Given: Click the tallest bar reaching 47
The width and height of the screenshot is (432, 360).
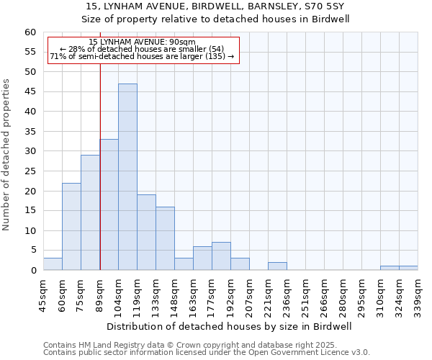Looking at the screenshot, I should click(127, 177).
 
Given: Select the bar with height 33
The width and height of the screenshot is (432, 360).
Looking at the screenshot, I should click(109, 204).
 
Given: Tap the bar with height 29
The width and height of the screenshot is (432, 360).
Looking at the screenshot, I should click(90, 212).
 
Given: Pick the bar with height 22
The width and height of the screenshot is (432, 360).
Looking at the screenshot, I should click(71, 226).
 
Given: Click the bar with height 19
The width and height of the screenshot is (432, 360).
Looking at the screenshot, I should click(146, 233).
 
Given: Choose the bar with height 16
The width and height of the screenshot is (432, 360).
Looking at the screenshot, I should click(165, 238).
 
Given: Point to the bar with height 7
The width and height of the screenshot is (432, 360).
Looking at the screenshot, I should click(221, 256).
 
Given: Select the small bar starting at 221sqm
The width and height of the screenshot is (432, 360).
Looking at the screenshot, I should click(277, 266).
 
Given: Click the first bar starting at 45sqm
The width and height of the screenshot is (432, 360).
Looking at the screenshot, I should click(53, 264).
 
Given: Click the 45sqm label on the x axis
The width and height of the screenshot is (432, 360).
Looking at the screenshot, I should click(43, 294).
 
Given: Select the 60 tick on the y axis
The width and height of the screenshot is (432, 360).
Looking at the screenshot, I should click(30, 32).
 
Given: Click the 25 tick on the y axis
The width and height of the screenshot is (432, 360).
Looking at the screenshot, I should click(30, 171).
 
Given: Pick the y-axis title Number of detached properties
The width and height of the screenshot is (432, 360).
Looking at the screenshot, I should click(7, 155).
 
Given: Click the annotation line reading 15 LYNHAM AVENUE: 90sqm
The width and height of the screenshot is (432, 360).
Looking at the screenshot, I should click(142, 42).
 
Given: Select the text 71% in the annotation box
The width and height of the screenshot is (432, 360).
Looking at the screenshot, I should click(57, 56).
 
